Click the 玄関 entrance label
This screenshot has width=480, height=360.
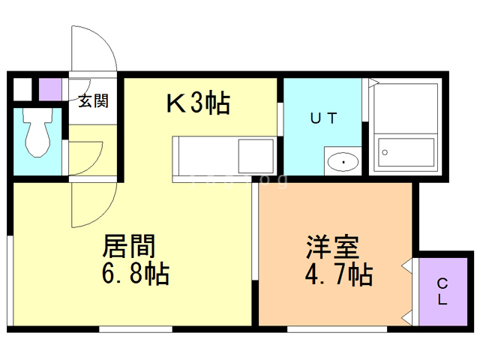[94, 100]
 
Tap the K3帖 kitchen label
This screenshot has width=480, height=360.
[197, 103]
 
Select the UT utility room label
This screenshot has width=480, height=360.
[325, 117]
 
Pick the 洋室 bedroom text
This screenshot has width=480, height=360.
[332, 247]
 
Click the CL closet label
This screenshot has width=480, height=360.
[442, 291]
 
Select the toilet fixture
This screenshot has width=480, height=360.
[36, 131]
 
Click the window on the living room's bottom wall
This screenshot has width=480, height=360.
[136, 328]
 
